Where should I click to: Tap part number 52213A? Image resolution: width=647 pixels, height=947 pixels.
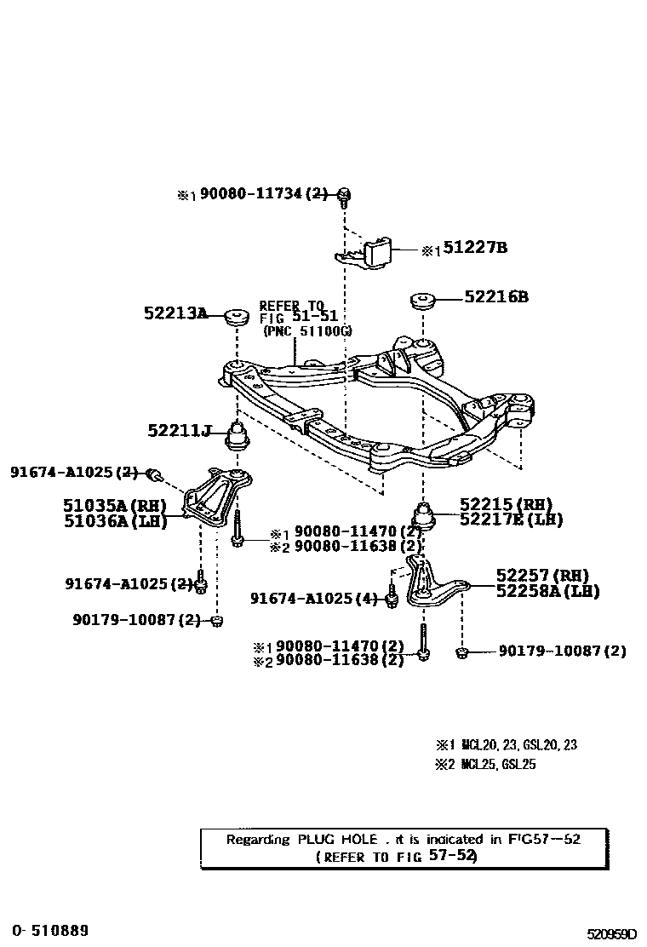[175, 313]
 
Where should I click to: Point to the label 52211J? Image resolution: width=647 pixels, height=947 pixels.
[179, 431]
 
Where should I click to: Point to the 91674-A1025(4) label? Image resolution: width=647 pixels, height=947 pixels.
[313, 599]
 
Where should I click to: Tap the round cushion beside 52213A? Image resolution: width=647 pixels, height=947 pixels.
[235, 315]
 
